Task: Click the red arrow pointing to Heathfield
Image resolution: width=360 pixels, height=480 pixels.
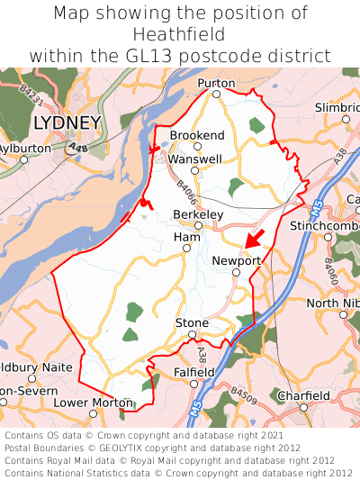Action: [x=255, y=237]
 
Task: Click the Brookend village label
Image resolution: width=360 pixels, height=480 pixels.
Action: [x=197, y=135]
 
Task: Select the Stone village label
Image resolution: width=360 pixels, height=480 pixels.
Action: [x=192, y=322]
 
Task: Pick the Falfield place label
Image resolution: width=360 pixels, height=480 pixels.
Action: [x=193, y=371]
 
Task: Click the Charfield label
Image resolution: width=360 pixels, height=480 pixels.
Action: [x=303, y=395]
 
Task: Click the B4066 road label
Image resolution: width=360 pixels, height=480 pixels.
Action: [x=186, y=192]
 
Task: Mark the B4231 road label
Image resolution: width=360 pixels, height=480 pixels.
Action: [x=31, y=91]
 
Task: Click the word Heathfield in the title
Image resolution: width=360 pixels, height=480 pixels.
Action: [x=179, y=34]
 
